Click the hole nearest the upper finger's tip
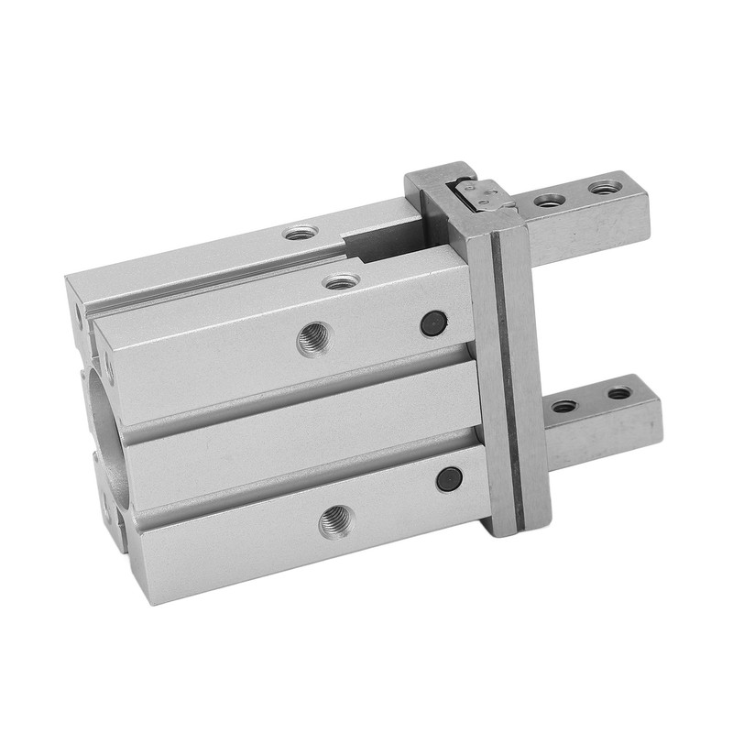pyautogui.click(x=602, y=188)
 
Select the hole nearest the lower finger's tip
pyautogui.click(x=619, y=394)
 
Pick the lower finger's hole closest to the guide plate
pyautogui.click(x=564, y=405)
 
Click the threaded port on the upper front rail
pyautogui.click(x=312, y=341)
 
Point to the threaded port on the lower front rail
pyautogui.click(x=334, y=522)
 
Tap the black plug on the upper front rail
pyautogui.click(x=433, y=322)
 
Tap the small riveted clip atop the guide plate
pyautogui.click(x=482, y=194)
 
